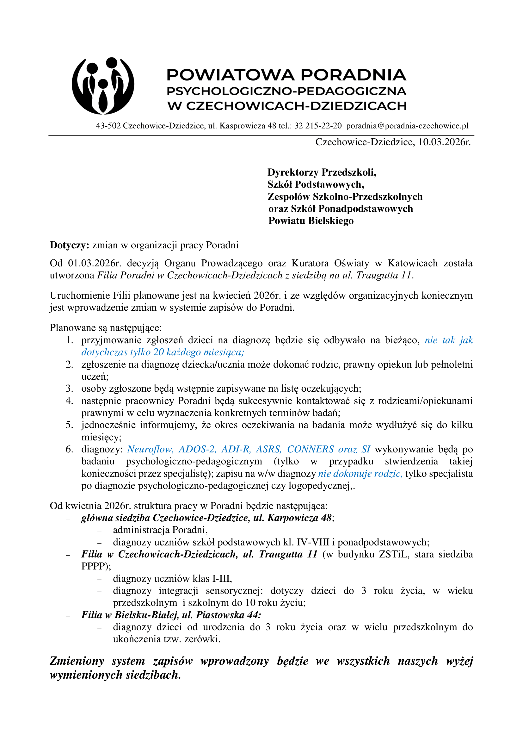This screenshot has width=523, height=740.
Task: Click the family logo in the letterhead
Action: point(103,86)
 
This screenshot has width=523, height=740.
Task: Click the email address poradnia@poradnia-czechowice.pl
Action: point(407,126)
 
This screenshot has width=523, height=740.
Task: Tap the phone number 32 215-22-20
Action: point(318,126)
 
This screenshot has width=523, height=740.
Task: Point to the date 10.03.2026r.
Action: point(444,142)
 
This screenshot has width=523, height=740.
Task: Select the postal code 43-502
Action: point(108,126)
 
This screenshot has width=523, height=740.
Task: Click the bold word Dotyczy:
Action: point(69,245)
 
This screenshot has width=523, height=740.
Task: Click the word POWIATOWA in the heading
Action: point(230,75)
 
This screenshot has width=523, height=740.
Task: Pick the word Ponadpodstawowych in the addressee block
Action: point(366,209)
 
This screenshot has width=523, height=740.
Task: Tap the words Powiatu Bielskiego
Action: point(311,221)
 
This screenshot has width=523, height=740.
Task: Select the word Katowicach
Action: point(413,263)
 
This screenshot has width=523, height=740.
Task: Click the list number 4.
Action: point(69,401)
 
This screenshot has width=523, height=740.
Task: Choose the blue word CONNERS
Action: point(310,449)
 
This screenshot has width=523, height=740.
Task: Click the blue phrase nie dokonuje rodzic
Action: point(360,474)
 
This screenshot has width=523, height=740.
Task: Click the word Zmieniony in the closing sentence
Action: point(77,661)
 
